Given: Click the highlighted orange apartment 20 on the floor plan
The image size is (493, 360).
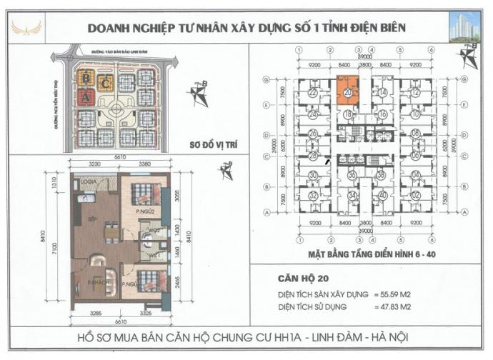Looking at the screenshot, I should [347, 91].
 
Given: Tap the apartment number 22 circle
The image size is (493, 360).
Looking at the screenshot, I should [313, 92].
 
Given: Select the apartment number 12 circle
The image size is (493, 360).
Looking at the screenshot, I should [415, 92].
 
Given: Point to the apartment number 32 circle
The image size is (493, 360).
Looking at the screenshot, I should [313, 196].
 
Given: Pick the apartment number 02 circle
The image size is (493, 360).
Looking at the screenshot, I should [415, 195].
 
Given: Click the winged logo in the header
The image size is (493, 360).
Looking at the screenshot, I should [27, 28].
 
